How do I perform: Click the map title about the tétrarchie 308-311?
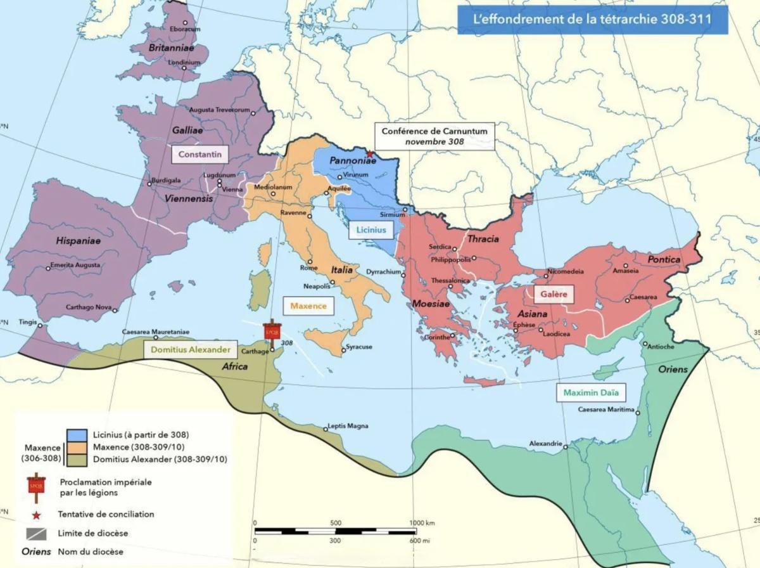click(592, 20)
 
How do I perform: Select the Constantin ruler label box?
click(199, 154)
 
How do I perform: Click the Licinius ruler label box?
click(370, 229)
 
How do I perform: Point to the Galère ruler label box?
click(553, 295)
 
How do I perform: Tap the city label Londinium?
click(184, 63)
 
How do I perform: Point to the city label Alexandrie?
click(545, 444)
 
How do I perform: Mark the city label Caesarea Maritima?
click(606, 410)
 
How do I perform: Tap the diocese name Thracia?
click(483, 239)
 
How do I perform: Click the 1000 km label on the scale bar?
click(421, 523)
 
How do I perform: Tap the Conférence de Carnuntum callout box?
click(434, 136)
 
